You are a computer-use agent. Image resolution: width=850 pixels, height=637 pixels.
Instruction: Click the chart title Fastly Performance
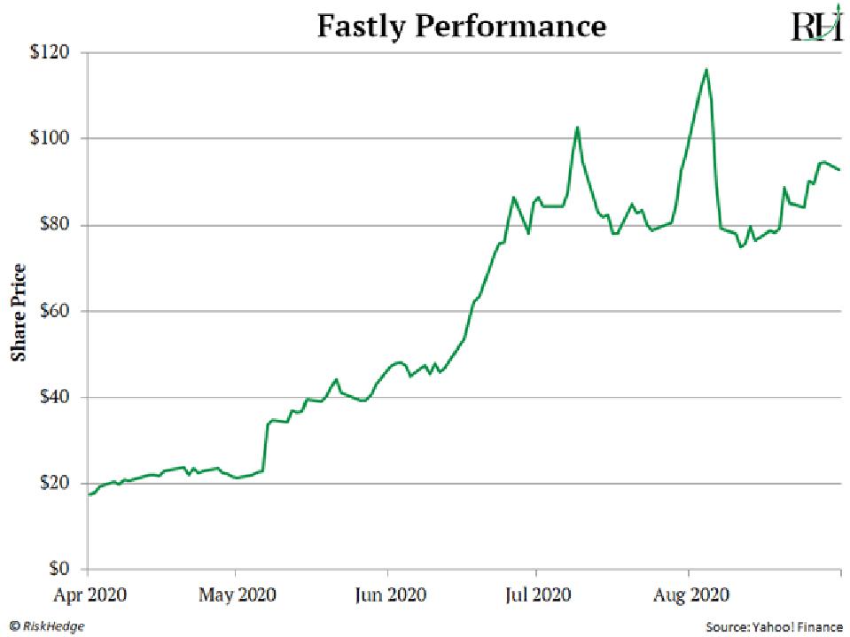tap(461, 26)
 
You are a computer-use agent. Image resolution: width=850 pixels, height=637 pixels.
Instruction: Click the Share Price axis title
tap(18, 312)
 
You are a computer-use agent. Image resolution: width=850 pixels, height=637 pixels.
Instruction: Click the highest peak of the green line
tap(706, 69)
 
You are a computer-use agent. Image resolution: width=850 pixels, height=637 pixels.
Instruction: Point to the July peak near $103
tap(577, 127)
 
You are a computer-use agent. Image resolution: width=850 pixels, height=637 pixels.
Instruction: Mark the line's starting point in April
tap(90, 494)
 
